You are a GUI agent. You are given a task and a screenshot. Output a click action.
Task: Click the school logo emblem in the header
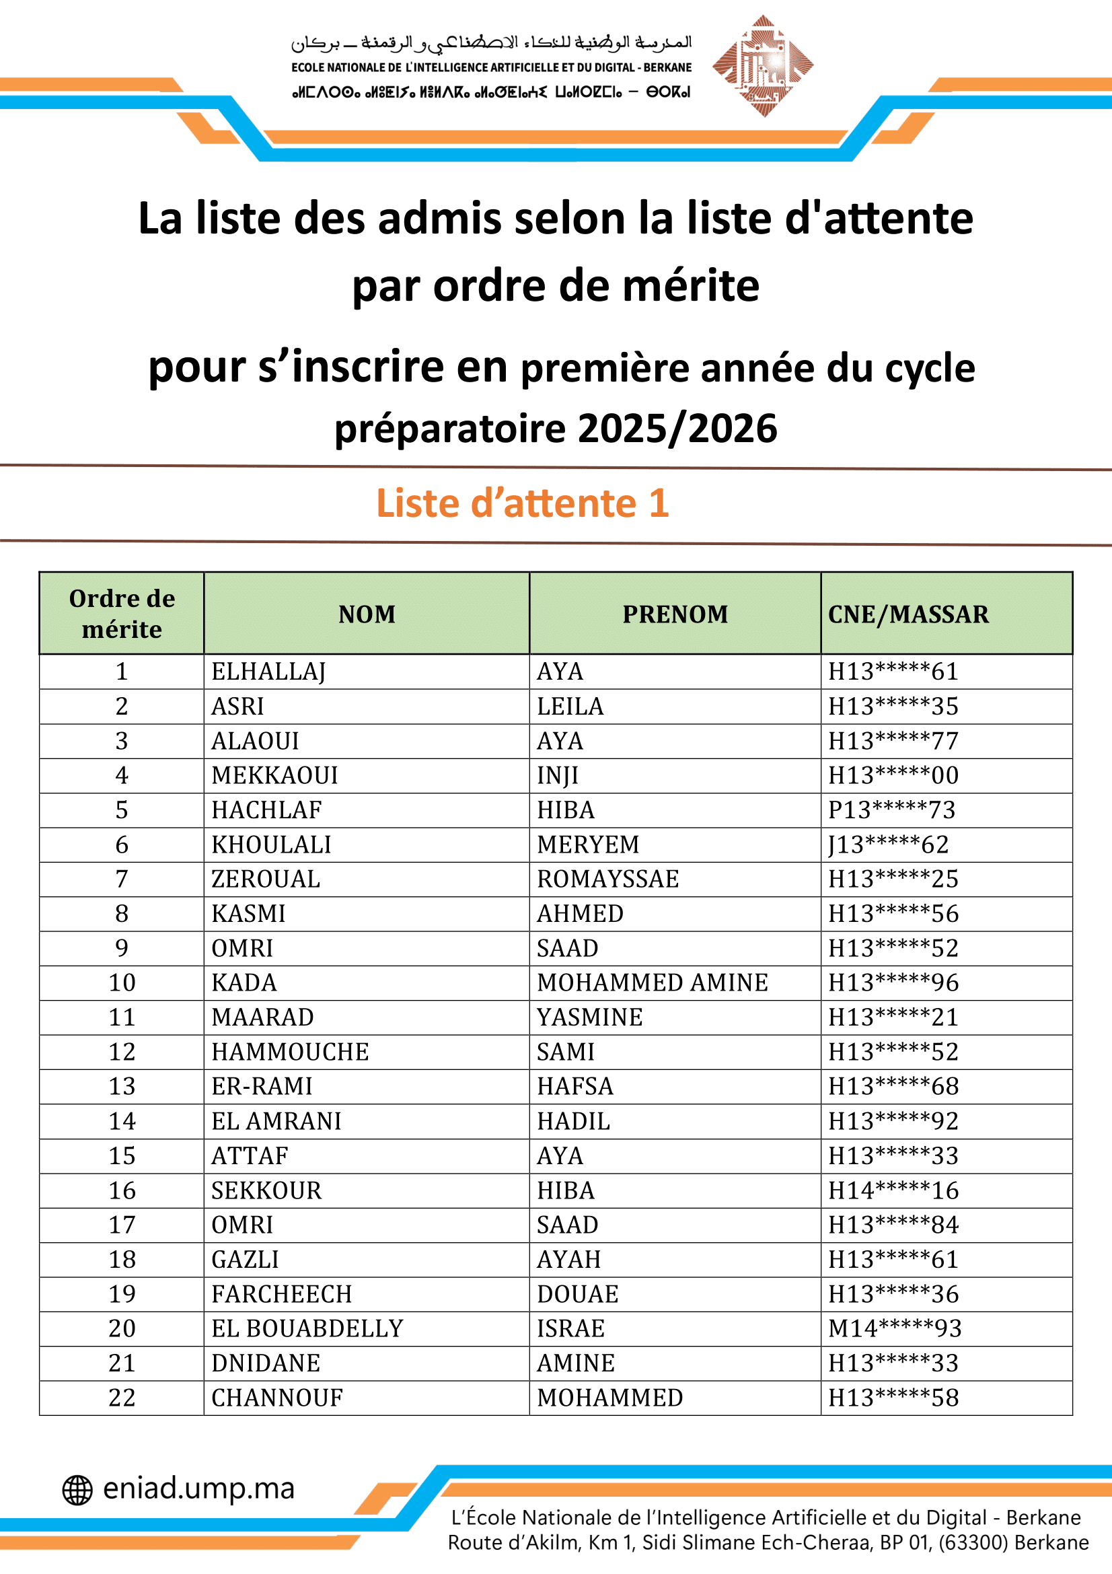(x=763, y=66)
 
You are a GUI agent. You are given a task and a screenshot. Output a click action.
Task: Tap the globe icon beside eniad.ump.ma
(x=77, y=1490)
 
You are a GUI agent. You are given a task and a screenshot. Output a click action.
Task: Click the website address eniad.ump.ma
(x=198, y=1489)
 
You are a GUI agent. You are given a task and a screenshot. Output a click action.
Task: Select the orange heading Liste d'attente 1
(x=522, y=503)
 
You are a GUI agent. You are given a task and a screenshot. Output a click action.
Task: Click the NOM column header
(x=367, y=614)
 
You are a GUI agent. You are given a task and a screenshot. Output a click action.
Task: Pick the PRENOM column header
(x=675, y=614)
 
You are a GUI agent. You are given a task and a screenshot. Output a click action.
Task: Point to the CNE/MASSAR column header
(x=907, y=614)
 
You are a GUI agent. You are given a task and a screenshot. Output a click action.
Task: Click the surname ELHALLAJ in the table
(x=268, y=672)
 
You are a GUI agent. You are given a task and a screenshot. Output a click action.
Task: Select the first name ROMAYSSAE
(x=607, y=880)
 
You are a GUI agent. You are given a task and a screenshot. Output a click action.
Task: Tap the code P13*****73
(x=891, y=810)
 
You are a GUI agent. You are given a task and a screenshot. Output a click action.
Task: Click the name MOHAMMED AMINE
(x=653, y=983)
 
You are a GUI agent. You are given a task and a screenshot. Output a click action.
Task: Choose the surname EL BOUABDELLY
(x=307, y=1328)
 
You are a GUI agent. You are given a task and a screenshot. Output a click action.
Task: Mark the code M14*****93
(x=895, y=1328)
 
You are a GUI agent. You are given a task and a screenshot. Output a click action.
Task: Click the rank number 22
(x=122, y=1398)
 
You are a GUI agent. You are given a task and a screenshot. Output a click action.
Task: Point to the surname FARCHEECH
(x=282, y=1294)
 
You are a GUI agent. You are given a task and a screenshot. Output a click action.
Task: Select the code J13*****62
(x=889, y=845)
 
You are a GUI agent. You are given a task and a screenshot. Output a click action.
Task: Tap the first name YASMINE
(x=590, y=1017)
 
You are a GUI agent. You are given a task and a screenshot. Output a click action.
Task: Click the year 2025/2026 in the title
(x=677, y=429)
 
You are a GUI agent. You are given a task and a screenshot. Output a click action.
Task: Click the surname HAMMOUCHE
(x=290, y=1052)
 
